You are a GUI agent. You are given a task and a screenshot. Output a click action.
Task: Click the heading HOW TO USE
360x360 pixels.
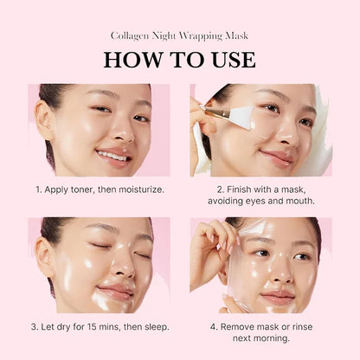click(x=180, y=60)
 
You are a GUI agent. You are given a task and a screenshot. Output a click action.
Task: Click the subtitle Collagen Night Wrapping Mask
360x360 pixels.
click(x=180, y=36)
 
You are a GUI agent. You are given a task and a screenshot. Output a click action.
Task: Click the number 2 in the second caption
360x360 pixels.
click(x=220, y=188)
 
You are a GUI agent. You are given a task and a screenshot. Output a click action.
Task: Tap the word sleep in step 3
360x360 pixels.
click(x=151, y=326)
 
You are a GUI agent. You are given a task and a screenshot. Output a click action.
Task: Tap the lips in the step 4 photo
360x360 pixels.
click(x=277, y=296)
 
